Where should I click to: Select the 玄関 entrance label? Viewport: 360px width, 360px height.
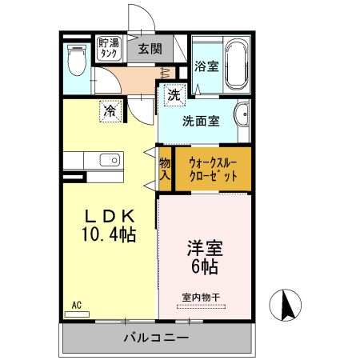150,49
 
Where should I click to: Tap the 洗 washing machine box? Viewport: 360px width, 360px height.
173,94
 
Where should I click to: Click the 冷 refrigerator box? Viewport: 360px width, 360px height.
110,110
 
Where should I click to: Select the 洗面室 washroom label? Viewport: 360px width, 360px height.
200,122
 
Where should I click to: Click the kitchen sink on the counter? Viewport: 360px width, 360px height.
108,161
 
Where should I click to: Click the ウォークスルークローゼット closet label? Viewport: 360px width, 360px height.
213,168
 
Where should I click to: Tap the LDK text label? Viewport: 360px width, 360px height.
110,216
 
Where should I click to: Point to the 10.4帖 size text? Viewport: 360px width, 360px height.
110,234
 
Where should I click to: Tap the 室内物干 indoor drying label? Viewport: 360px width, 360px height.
203,297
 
